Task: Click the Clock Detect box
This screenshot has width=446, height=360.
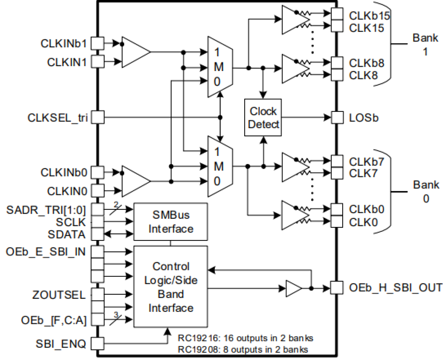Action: [x=263, y=118]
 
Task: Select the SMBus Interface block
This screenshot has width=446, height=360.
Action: [x=170, y=222]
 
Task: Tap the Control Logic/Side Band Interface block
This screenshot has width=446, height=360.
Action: [x=170, y=287]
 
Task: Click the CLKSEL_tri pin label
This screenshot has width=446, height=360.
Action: [x=58, y=118]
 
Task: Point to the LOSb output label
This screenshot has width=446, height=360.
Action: [x=364, y=118]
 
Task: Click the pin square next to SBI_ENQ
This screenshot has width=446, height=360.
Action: [x=98, y=344]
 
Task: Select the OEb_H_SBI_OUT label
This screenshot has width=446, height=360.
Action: [x=396, y=288]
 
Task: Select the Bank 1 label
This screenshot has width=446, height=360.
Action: [x=425, y=44]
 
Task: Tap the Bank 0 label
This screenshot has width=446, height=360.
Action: [x=426, y=191]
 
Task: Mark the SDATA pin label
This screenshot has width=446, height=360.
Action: [x=67, y=234]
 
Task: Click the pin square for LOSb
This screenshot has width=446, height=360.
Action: [x=337, y=118]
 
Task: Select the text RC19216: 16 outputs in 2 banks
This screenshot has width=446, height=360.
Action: [x=245, y=338]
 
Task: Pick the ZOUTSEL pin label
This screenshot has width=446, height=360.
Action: [x=59, y=295]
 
